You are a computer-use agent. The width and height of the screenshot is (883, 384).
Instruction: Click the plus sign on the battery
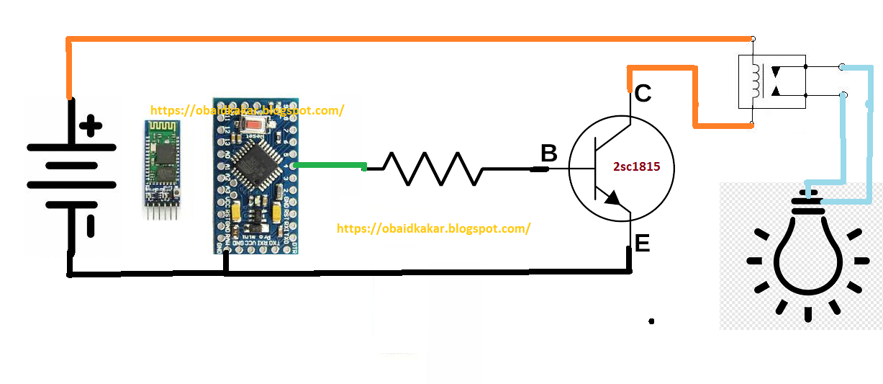tap(90, 128)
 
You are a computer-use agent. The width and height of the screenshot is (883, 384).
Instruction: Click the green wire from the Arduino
tap(330, 166)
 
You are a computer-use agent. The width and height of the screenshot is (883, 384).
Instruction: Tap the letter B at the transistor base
tap(548, 153)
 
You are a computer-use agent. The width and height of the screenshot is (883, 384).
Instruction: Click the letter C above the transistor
tap(643, 94)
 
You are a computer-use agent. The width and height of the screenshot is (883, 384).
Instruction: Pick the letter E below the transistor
tap(643, 244)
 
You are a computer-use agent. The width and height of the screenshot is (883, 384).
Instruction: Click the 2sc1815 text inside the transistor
tap(636, 166)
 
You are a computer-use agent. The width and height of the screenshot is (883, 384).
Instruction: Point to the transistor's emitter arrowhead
tap(611, 198)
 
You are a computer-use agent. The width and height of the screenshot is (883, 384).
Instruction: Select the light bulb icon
tap(807, 258)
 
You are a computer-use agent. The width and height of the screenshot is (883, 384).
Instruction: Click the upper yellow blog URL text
tap(247, 110)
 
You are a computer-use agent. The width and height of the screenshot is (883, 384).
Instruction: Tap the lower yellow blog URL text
tap(433, 228)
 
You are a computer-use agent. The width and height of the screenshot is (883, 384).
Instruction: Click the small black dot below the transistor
tap(651, 321)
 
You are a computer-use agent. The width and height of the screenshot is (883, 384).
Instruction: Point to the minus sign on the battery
tap(91, 226)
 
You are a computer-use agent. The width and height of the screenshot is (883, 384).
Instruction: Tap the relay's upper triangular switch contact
tap(776, 73)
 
